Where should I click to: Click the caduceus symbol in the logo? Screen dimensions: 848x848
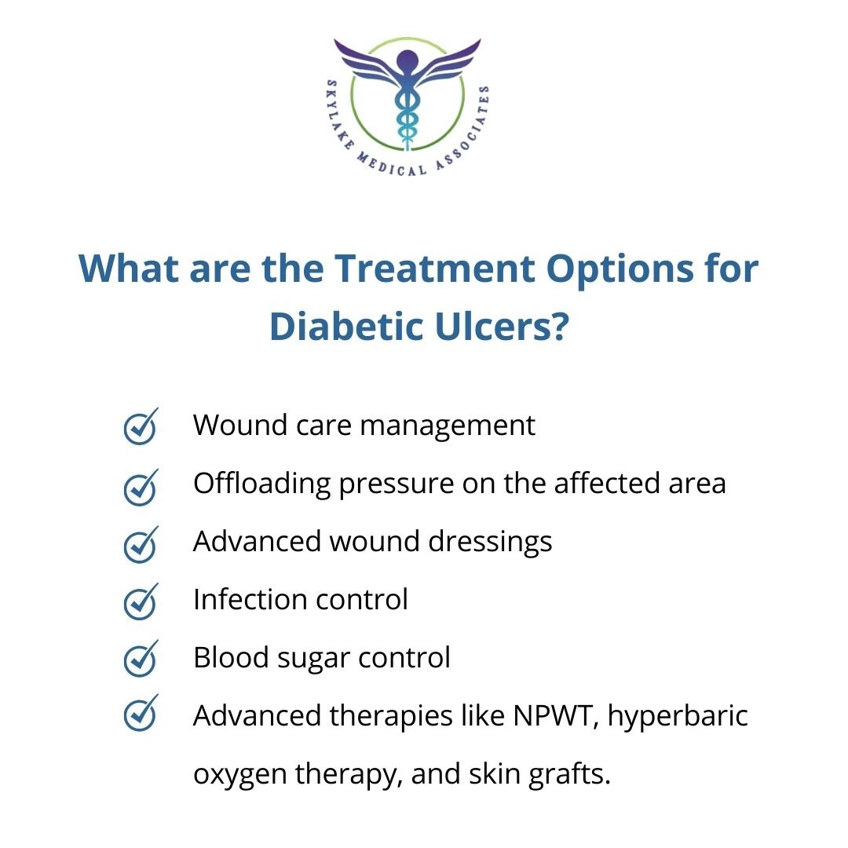[407, 98]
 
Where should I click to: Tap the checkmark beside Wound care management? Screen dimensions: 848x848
[141, 427]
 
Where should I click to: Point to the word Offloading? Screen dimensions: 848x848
[262, 484]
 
